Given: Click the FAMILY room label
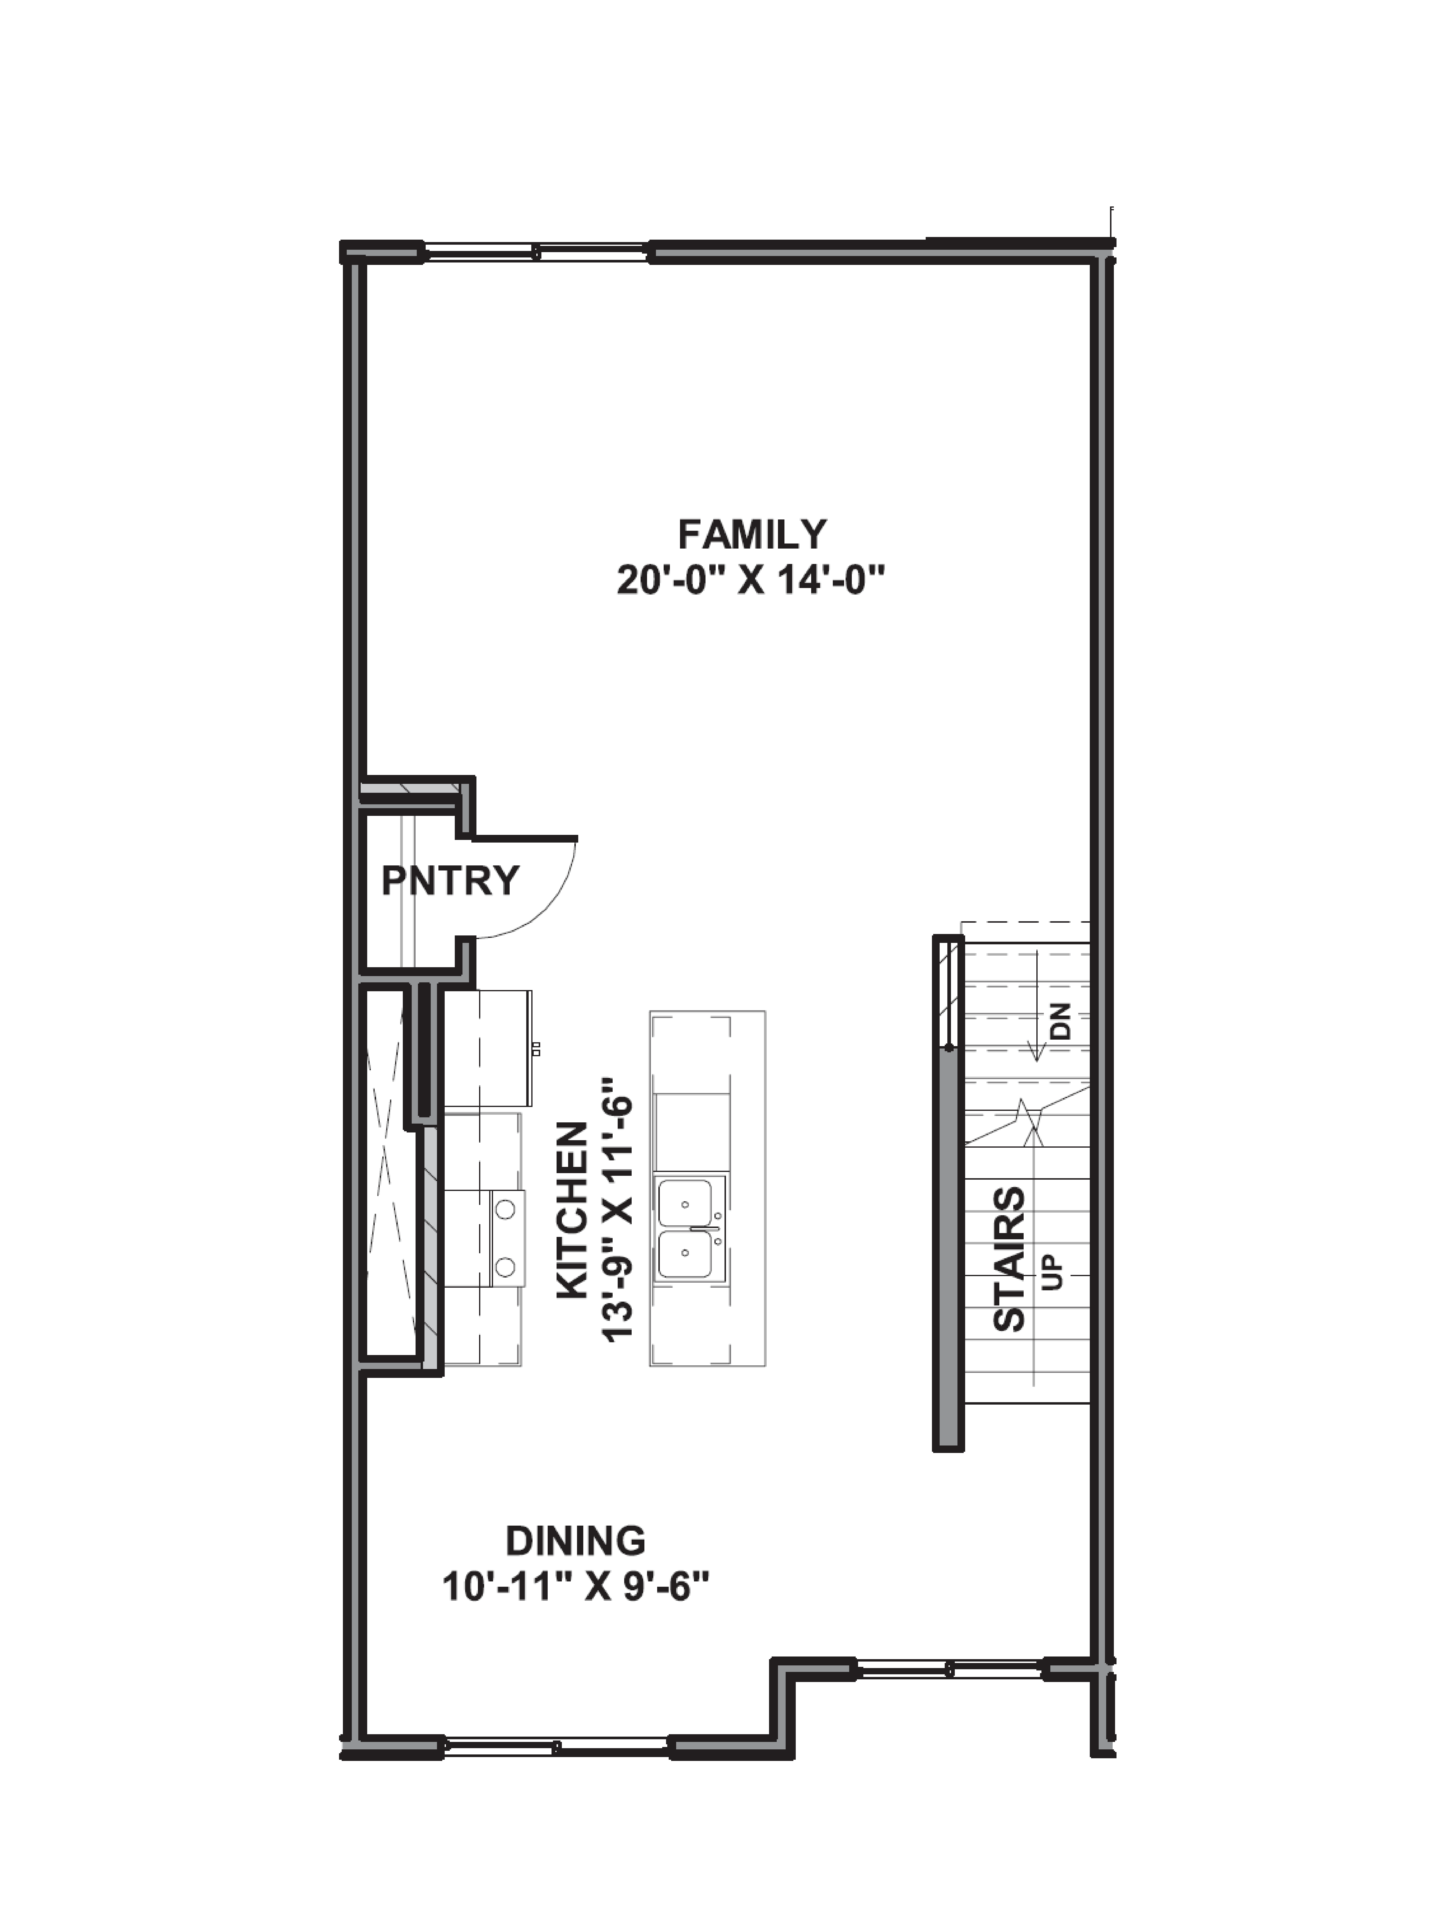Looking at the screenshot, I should coord(752,534).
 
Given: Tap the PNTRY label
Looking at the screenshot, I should coord(450,881).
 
